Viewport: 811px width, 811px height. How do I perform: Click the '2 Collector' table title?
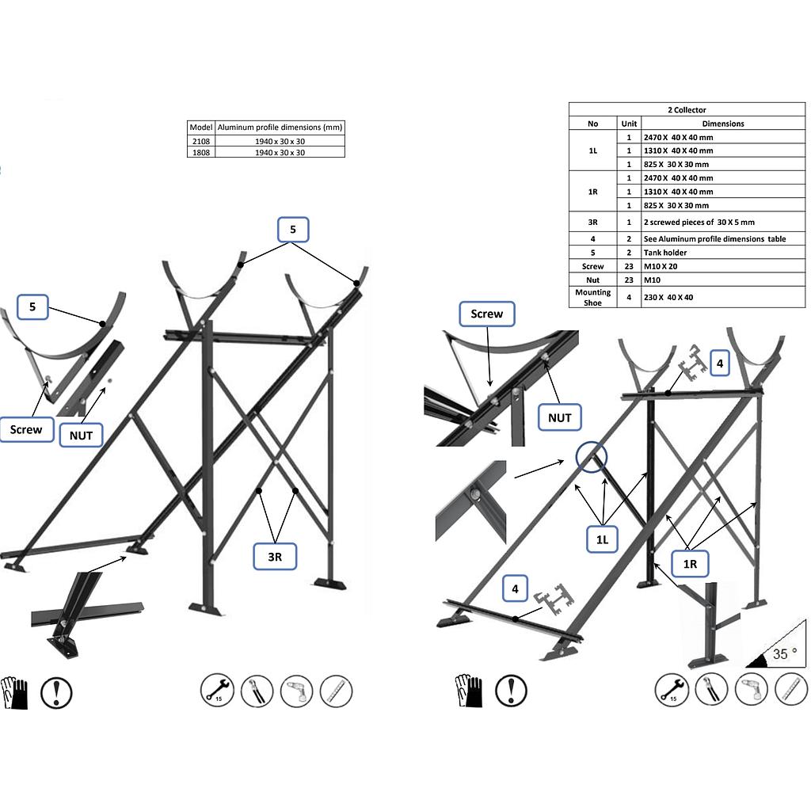[687, 109]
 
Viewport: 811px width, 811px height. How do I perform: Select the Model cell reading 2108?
[200, 141]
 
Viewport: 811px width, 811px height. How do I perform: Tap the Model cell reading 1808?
[200, 152]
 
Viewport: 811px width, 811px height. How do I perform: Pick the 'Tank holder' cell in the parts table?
[665, 253]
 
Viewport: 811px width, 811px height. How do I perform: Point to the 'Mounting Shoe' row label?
[592, 297]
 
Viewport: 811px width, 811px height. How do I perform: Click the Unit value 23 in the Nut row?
[629, 280]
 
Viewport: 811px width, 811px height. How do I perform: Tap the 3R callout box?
[274, 557]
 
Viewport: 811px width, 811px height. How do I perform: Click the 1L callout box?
[603, 540]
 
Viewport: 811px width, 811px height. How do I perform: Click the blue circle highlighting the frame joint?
[591, 457]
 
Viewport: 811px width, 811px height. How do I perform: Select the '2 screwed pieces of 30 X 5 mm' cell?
[699, 223]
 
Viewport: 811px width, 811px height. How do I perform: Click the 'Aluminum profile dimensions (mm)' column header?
[280, 128]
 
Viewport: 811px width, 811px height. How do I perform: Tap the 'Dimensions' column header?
[723, 124]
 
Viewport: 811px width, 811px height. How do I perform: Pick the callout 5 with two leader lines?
[292, 230]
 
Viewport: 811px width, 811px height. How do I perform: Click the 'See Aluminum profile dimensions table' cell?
[714, 238]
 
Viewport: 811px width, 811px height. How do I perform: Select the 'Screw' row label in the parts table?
[592, 267]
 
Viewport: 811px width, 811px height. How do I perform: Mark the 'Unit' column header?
[629, 124]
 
